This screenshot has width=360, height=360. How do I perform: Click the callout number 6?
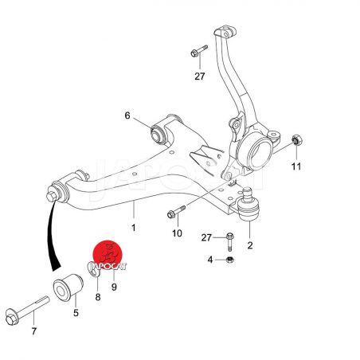[x=127, y=115]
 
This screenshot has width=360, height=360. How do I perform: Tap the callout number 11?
[x=296, y=166]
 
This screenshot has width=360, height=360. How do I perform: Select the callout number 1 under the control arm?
[x=134, y=228]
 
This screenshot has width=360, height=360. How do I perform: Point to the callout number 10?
[x=177, y=233]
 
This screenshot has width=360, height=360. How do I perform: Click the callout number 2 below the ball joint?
[x=250, y=245]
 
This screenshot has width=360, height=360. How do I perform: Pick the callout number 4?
[x=210, y=260]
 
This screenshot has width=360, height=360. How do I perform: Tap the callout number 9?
[x=114, y=287]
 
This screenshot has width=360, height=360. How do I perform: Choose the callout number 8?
[x=98, y=297]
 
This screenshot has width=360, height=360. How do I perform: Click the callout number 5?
[x=76, y=313]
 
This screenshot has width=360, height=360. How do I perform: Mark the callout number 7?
[x=33, y=331]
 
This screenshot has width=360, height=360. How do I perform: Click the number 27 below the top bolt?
[x=200, y=76]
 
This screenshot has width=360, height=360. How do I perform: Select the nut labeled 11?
[x=296, y=139]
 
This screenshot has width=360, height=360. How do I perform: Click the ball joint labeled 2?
[x=248, y=205]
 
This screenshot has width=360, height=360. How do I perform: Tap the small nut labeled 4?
[x=229, y=260]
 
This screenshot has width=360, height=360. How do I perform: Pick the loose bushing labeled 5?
[x=68, y=288]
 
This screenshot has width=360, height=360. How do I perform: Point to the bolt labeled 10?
[x=176, y=212]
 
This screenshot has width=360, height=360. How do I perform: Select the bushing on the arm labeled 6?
[x=158, y=134]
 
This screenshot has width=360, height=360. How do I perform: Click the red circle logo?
[x=108, y=254]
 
